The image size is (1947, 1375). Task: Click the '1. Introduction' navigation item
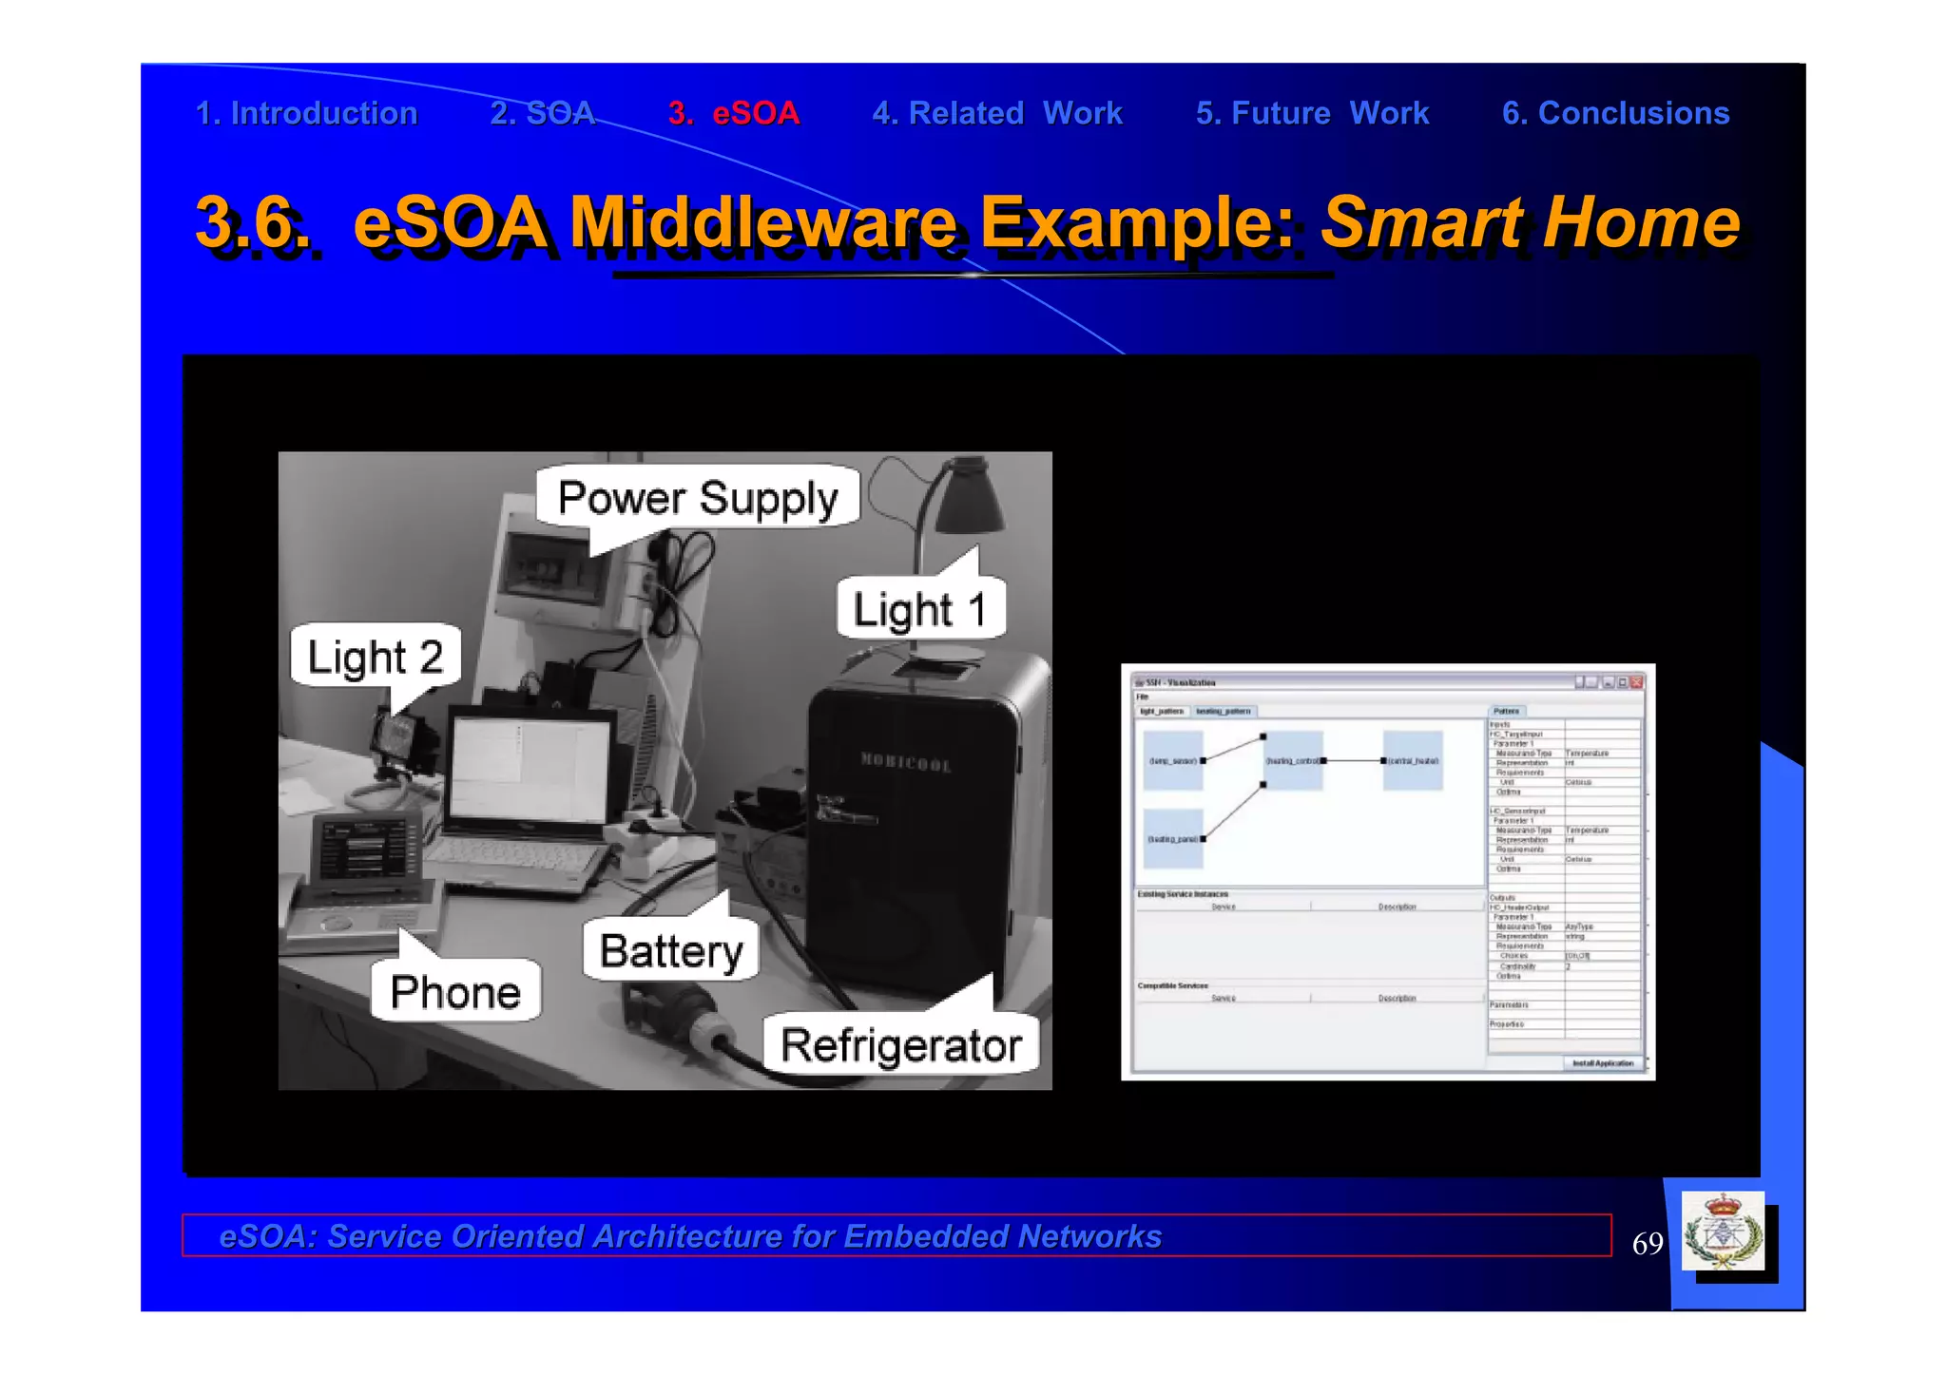306,113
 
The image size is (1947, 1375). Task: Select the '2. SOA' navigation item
542,113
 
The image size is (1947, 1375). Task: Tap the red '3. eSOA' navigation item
733,113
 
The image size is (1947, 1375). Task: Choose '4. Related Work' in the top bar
997,113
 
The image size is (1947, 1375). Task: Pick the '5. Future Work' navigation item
1312,113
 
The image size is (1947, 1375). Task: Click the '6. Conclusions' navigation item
1615,113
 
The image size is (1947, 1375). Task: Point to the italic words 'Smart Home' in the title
1531,222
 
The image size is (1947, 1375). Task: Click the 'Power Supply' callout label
698,498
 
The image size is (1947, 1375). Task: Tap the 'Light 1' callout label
919,609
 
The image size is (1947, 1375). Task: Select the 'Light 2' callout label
376,657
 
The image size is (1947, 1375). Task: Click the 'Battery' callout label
671,950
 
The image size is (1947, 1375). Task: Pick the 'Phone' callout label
455,992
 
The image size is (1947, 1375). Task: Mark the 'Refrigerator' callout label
901,1045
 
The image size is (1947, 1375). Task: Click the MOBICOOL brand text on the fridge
905,762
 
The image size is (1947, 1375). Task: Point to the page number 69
1648,1244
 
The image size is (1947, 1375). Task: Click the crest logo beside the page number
1723,1232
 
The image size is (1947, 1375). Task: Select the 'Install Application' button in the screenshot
1602,1063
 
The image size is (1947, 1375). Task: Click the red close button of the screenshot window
1636,682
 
